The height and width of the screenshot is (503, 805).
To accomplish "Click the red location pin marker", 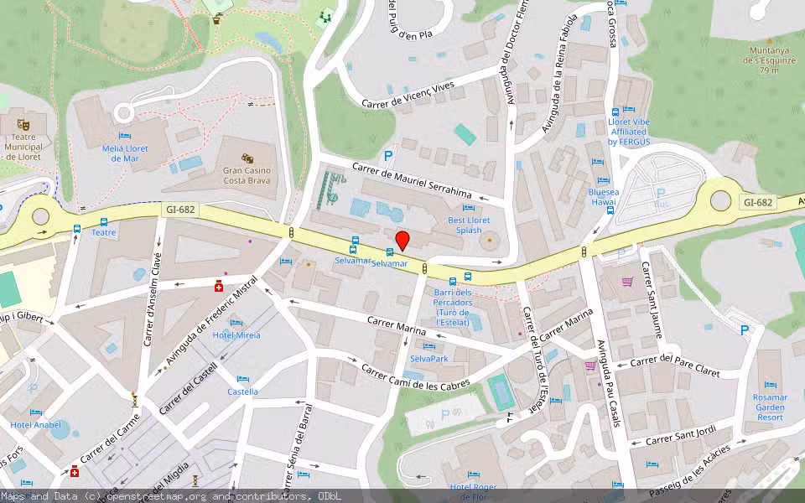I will tap(402, 241).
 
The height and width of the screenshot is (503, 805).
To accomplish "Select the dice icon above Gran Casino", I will tap(247, 158).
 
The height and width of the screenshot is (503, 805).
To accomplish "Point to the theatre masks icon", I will tap(22, 125).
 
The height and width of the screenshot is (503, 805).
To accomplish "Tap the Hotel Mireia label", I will tap(236, 335).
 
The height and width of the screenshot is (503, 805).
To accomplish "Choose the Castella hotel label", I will tap(242, 392).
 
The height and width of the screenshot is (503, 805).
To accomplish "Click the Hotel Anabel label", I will tap(35, 424).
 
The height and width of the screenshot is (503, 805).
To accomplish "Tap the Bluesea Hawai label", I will tap(603, 197).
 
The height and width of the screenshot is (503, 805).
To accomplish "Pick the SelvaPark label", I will tap(429, 359).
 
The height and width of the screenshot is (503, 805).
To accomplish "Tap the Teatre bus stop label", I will tap(103, 233).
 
